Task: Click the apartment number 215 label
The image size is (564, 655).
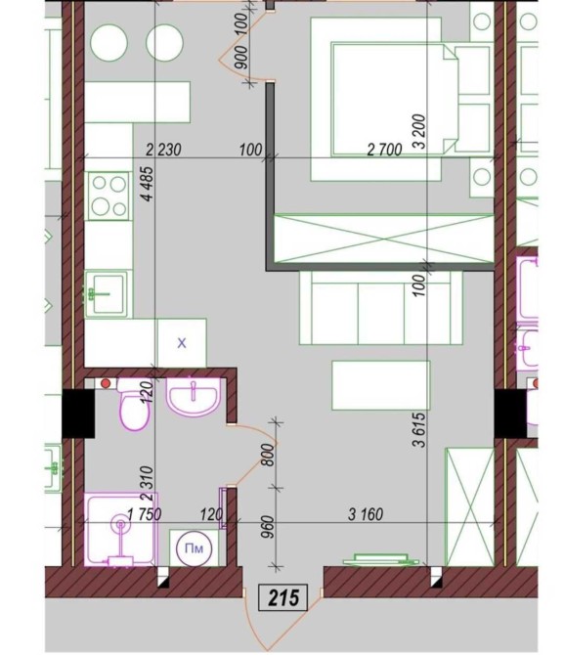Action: point(283,597)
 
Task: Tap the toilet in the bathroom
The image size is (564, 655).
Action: point(132,404)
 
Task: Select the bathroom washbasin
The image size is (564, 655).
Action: point(193,397)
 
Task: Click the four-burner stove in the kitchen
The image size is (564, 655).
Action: point(108,196)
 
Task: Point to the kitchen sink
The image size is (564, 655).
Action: point(107,293)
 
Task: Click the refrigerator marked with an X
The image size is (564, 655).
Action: point(181,343)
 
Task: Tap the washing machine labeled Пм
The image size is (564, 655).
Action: point(194,548)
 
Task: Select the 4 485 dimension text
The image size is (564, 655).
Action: point(148,184)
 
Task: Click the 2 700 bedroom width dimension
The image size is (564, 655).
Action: point(384,150)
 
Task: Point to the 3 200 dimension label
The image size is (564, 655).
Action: point(419,132)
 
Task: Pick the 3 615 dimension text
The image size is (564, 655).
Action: point(419,430)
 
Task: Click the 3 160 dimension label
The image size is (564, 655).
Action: point(366,514)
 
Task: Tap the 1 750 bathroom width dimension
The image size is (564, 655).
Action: point(144,514)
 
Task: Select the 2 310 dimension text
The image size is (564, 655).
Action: point(148,484)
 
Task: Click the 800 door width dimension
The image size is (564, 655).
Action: point(269,455)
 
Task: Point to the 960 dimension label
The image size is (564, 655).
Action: point(269,527)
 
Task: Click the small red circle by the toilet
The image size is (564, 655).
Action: point(106,383)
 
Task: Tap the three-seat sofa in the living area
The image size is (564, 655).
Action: point(380,308)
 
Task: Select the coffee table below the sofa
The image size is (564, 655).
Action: point(381,385)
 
